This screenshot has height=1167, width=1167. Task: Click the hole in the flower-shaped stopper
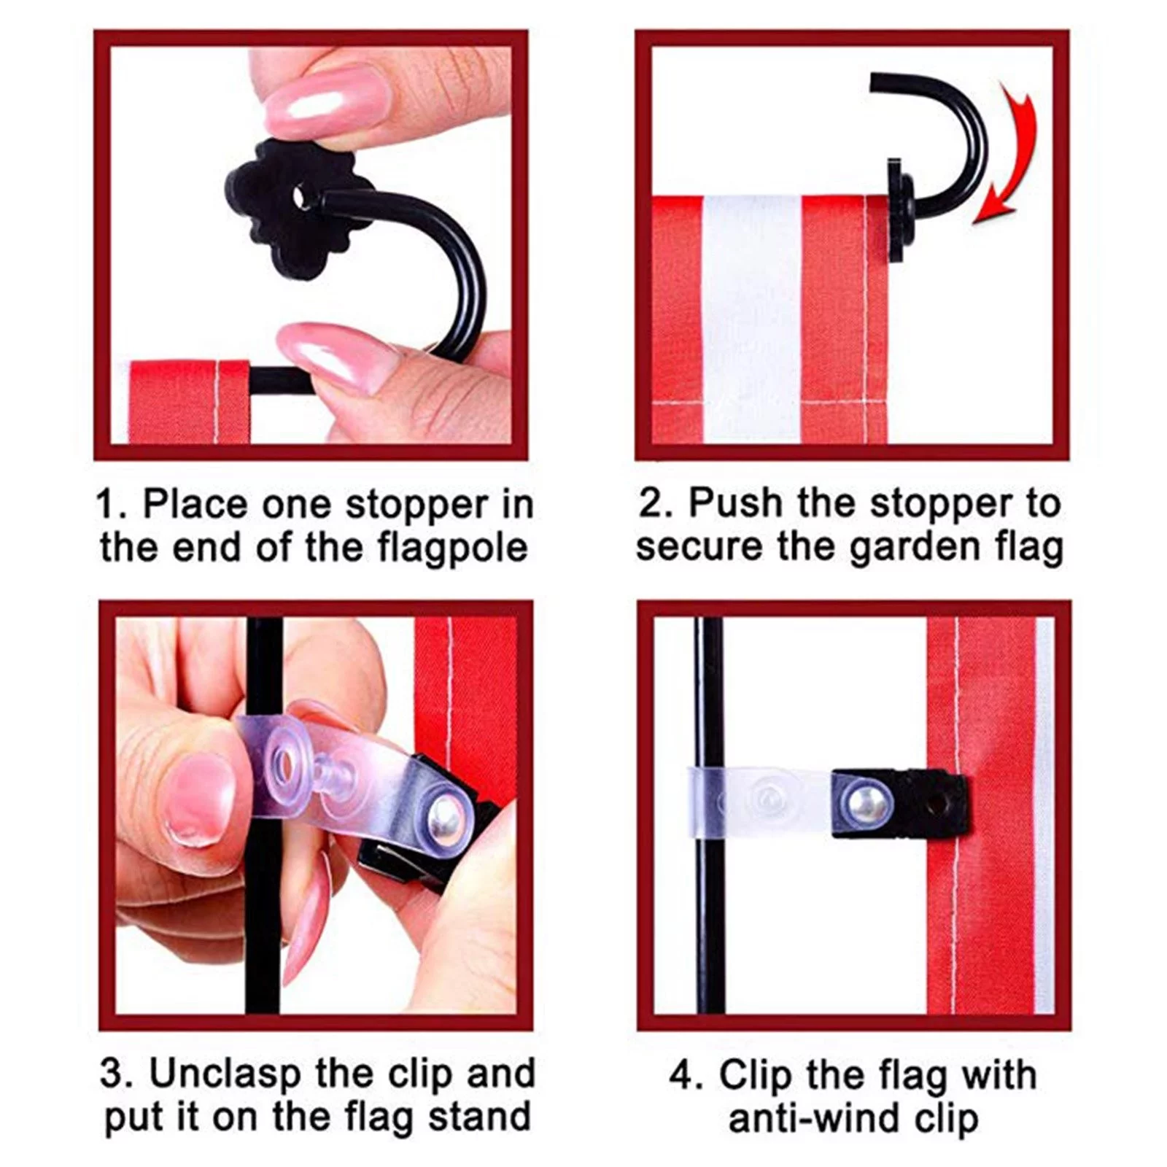coord(300,198)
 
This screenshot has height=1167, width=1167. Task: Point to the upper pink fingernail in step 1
coord(321,98)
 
